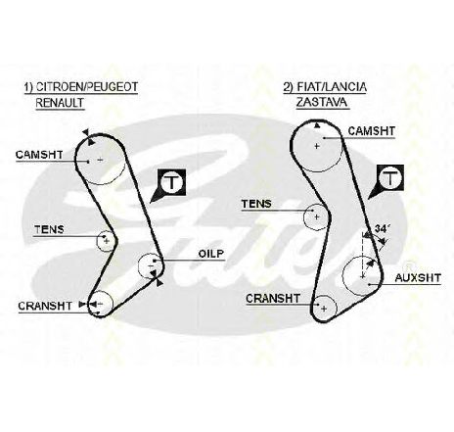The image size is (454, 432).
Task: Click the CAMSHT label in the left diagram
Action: (39, 155)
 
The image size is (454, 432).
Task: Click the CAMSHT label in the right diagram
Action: (372, 131)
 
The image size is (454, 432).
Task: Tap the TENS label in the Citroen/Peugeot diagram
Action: (49, 229)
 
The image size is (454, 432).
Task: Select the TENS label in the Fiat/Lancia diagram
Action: (256, 204)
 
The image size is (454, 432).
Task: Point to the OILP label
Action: (211, 254)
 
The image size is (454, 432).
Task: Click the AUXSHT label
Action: (418, 278)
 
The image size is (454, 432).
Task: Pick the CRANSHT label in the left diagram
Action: (45, 306)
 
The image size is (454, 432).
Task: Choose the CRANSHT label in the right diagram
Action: (273, 299)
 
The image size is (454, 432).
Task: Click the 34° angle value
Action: (383, 229)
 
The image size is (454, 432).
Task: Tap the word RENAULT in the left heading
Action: (60, 103)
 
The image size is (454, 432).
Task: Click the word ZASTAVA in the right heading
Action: (322, 102)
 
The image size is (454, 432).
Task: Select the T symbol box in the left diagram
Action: (171, 182)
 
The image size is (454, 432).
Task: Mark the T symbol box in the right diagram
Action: (390, 178)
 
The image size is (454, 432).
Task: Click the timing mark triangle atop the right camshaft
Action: (316, 125)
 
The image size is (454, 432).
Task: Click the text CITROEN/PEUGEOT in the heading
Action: (87, 87)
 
